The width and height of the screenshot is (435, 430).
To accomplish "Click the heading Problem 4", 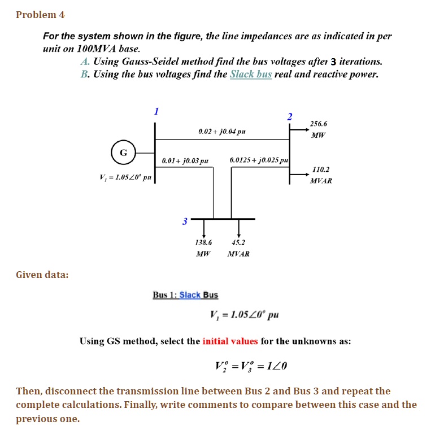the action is tap(40, 15).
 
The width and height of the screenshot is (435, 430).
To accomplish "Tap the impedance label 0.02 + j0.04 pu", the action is tap(222, 132).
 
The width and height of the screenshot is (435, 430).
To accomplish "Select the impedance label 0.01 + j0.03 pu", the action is tap(185, 161).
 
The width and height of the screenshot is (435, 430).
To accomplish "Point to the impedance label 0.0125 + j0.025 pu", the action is tap(259, 161).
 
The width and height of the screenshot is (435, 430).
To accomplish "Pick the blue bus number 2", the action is tap(290, 117).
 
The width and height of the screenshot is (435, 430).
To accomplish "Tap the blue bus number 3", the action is tap(184, 221).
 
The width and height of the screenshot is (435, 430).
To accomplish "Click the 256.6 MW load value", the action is tap(318, 129).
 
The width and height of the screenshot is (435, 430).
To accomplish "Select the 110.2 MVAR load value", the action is tap(320, 175).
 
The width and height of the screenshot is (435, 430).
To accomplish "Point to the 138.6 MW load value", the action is tap(203, 247).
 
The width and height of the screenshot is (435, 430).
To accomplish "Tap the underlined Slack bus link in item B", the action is tap(251, 74).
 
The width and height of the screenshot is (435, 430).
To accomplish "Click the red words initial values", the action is tap(230, 341).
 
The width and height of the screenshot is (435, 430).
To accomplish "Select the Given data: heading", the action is tap(42, 275).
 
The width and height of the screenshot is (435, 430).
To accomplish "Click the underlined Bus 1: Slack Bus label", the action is tap(185, 295).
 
